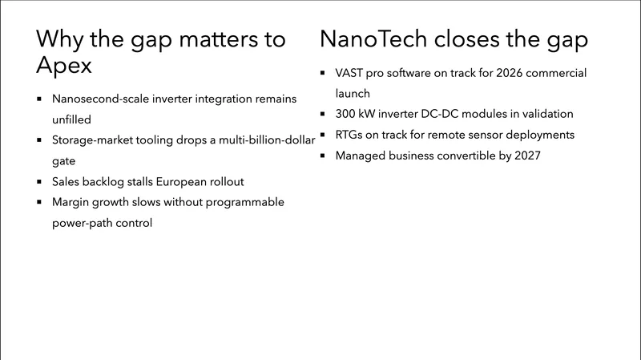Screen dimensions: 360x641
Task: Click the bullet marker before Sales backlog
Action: tap(39, 182)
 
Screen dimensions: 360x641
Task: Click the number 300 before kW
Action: tap(346, 115)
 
